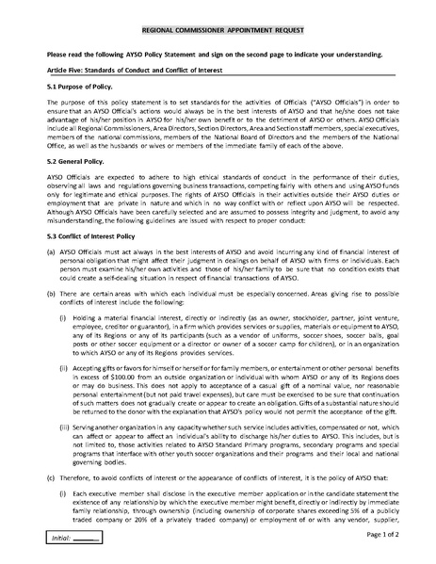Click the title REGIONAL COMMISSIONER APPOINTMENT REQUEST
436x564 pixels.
[x=218, y=31]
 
